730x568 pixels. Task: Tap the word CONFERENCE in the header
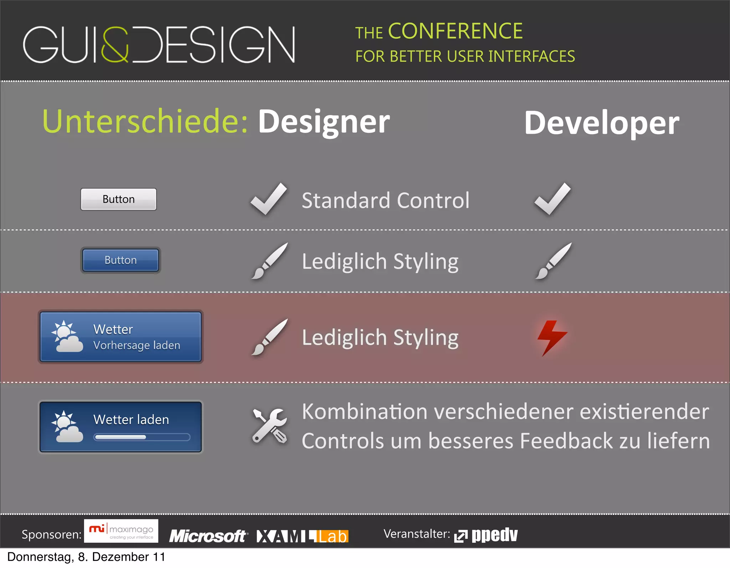[455, 31]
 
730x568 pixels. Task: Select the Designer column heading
[324, 122]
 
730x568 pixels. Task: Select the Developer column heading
[601, 123]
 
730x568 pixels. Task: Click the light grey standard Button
[118, 199]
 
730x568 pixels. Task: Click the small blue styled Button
[120, 260]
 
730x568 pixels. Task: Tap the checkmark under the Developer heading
[552, 199]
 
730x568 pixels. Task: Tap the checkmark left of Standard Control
[268, 199]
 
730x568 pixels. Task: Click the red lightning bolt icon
[551, 337]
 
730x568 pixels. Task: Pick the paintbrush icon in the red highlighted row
[269, 337]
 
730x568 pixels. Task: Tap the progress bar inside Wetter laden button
[142, 437]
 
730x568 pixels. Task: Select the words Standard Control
[385, 200]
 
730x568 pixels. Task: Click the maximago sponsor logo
[121, 531]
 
